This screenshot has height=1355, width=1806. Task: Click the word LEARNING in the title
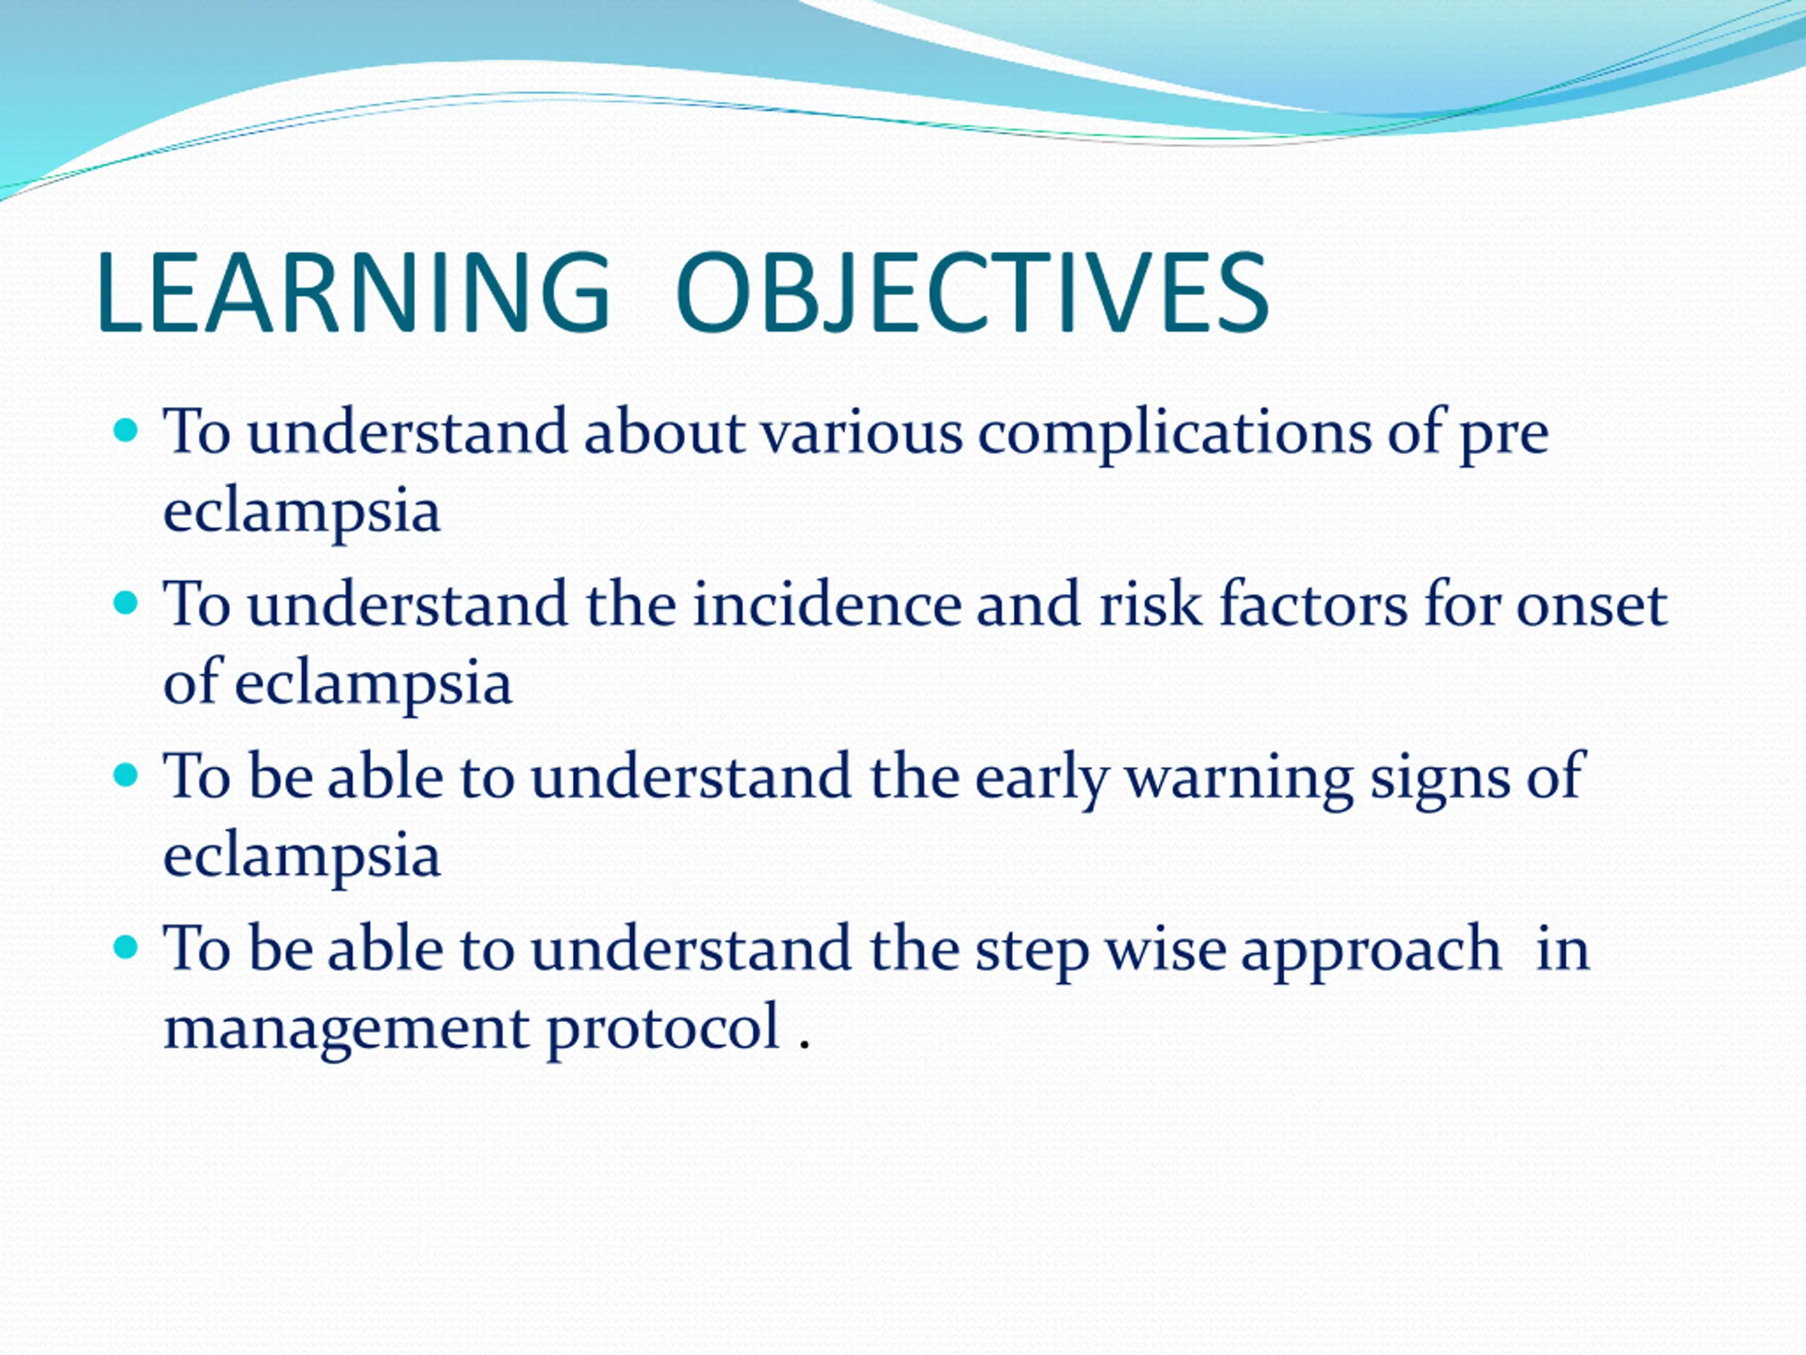353,291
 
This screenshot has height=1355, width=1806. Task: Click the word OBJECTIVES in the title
972,291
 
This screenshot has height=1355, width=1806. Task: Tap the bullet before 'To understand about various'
126,430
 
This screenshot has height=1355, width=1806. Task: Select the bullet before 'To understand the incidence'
126,603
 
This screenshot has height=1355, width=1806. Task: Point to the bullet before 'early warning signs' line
126,775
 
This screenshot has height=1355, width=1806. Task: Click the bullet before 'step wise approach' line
126,947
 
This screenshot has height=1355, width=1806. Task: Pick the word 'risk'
1151,604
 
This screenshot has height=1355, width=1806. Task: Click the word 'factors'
1314,604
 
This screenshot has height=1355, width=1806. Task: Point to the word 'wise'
1166,949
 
